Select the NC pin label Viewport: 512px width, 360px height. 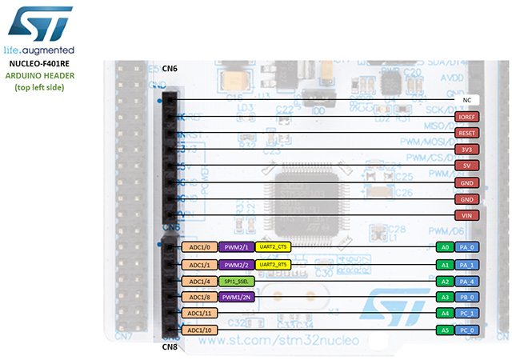[466, 100]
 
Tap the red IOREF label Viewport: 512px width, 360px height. [466, 116]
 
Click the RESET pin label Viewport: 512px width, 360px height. [466, 133]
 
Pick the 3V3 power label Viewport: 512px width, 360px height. [466, 149]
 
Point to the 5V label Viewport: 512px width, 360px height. [466, 166]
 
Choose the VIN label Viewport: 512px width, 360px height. [466, 215]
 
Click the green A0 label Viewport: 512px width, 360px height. [445, 248]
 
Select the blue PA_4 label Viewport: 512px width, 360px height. [468, 281]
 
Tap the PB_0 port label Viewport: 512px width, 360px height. [468, 297]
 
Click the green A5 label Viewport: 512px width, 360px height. [445, 330]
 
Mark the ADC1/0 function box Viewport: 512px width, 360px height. [199, 248]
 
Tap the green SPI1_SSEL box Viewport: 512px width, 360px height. [238, 281]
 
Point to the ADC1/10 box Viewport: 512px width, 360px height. [199, 330]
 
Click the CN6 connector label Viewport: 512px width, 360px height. [170, 69]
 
